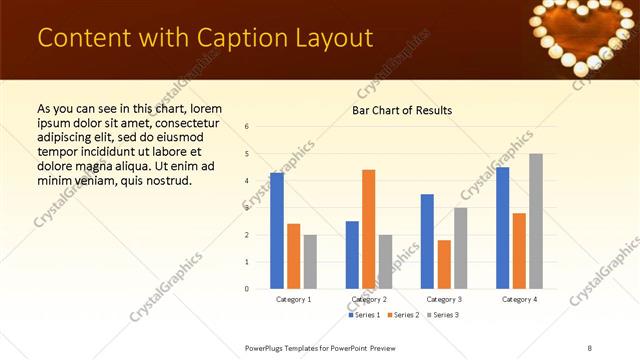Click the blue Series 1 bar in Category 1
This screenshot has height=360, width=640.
(x=277, y=231)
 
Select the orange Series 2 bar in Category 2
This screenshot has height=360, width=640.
(x=368, y=229)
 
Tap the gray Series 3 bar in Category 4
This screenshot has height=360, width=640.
(x=536, y=221)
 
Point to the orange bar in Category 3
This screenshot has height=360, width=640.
(x=444, y=264)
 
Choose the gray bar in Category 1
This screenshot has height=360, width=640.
(x=310, y=262)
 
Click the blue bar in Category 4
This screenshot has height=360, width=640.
(x=502, y=228)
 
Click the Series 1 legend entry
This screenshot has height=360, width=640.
(x=365, y=315)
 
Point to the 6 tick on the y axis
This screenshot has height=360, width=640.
(x=247, y=127)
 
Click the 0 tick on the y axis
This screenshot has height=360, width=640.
(x=247, y=289)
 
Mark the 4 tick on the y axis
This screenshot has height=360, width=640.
(x=247, y=181)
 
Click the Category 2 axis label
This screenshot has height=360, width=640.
(x=369, y=299)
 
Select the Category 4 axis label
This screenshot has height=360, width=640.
(x=519, y=299)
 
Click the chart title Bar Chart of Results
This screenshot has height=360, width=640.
(x=402, y=110)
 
